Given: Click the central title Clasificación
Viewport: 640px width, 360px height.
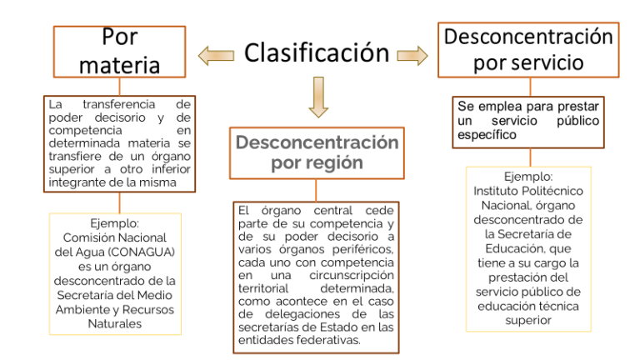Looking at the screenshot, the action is click(317, 53).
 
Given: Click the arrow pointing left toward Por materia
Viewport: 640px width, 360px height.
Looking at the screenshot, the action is click(217, 56).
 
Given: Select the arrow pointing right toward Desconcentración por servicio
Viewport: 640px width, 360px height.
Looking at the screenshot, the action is click(412, 56).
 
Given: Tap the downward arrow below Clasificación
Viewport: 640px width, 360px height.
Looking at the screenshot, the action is click(318, 97).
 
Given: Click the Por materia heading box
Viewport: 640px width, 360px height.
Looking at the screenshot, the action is click(120, 52).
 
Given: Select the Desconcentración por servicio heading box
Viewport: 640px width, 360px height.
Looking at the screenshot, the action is click(528, 50).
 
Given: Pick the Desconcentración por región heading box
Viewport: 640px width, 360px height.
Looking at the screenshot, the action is click(317, 153).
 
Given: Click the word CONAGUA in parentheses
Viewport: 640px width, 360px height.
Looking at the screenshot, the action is click(142, 252).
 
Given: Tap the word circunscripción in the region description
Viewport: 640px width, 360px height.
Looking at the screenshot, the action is click(352, 276).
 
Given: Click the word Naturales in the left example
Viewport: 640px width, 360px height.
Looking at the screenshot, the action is click(115, 323).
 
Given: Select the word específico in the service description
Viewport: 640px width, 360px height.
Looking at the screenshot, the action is click(487, 135).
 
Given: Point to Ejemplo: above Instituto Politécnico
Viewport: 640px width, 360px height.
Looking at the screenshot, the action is click(528, 177).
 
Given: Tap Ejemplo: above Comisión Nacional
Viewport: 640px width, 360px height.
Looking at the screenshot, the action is click(115, 223).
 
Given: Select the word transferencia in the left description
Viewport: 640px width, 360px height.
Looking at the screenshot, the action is click(119, 104).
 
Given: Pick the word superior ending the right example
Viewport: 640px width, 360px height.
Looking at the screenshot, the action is click(528, 321).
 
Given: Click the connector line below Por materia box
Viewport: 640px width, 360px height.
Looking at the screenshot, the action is click(120, 87).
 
